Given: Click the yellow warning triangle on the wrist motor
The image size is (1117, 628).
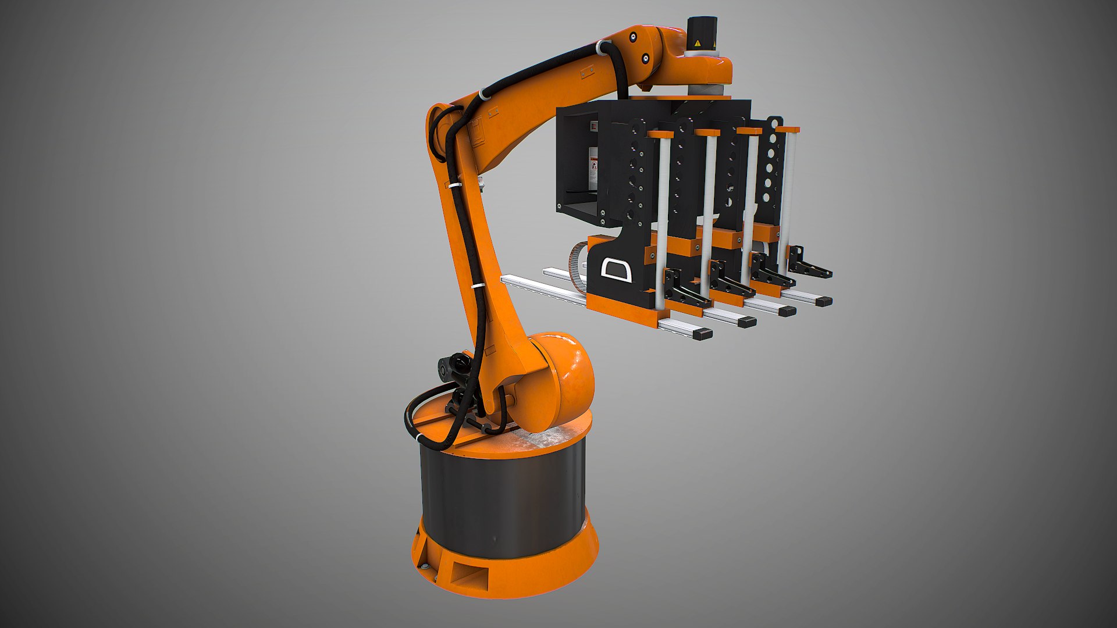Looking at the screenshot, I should (697, 43).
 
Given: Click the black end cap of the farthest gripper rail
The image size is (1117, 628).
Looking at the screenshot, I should (823, 301).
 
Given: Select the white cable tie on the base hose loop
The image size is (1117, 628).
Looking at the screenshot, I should (418, 437).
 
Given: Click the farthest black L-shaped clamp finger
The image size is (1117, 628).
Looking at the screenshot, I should (809, 265).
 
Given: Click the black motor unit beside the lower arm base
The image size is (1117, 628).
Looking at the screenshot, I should (454, 366).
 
